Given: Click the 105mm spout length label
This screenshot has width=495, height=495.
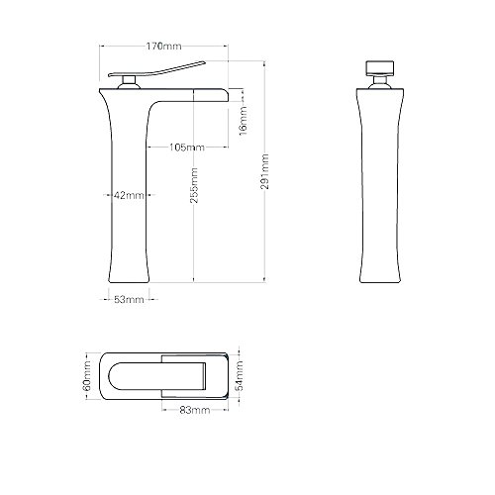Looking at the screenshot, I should (186, 148).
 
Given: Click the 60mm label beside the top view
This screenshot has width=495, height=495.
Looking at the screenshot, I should (87, 376).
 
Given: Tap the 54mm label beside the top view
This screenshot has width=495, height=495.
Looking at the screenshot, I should (244, 376).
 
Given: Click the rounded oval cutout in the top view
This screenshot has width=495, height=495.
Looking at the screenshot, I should (134, 376).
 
